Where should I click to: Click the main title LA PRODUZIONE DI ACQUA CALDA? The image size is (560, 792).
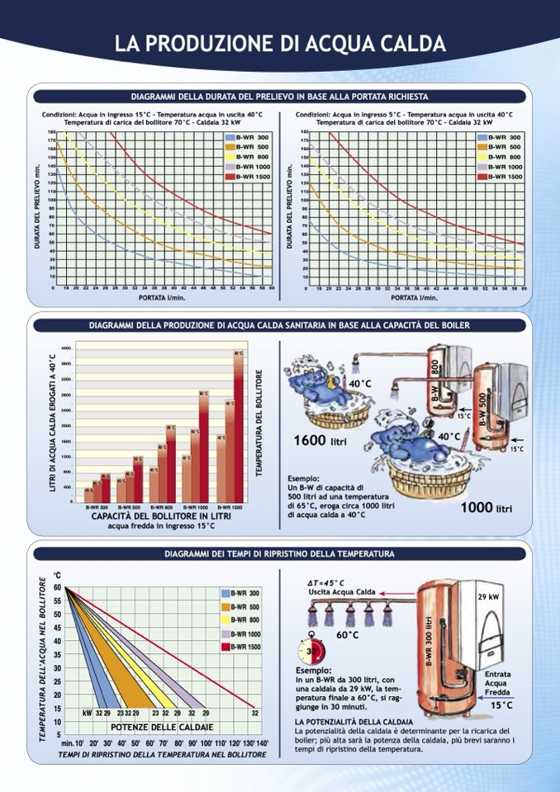tap(280, 44)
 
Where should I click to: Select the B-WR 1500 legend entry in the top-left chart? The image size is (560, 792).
tap(248, 177)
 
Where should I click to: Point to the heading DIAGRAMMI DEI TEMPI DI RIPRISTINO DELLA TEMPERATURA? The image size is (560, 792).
tap(280, 553)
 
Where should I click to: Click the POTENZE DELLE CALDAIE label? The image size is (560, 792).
tap(162, 727)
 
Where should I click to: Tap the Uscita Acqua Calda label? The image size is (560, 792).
tap(342, 592)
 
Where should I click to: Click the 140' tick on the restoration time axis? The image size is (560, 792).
tap(262, 743)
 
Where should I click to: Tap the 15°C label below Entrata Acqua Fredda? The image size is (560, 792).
tap(501, 705)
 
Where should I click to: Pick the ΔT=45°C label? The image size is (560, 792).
tap(326, 582)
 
